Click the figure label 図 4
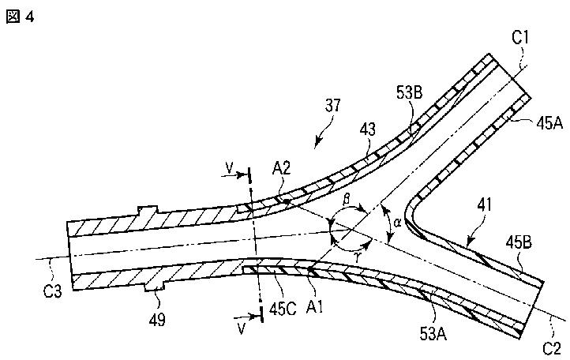click(x=20, y=17)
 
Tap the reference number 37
click(x=333, y=105)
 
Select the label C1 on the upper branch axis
click(x=520, y=37)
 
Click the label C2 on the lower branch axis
click(x=552, y=349)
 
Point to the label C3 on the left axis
click(x=52, y=291)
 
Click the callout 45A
click(x=549, y=124)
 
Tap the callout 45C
click(x=283, y=309)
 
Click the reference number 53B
click(x=409, y=93)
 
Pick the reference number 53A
click(x=433, y=333)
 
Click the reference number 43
click(x=367, y=129)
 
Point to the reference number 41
click(x=484, y=205)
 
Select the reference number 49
click(x=157, y=320)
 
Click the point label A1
click(x=314, y=308)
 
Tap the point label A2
click(x=282, y=168)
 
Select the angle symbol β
click(x=347, y=199)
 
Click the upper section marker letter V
click(x=229, y=168)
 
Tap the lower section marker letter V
click(x=242, y=328)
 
